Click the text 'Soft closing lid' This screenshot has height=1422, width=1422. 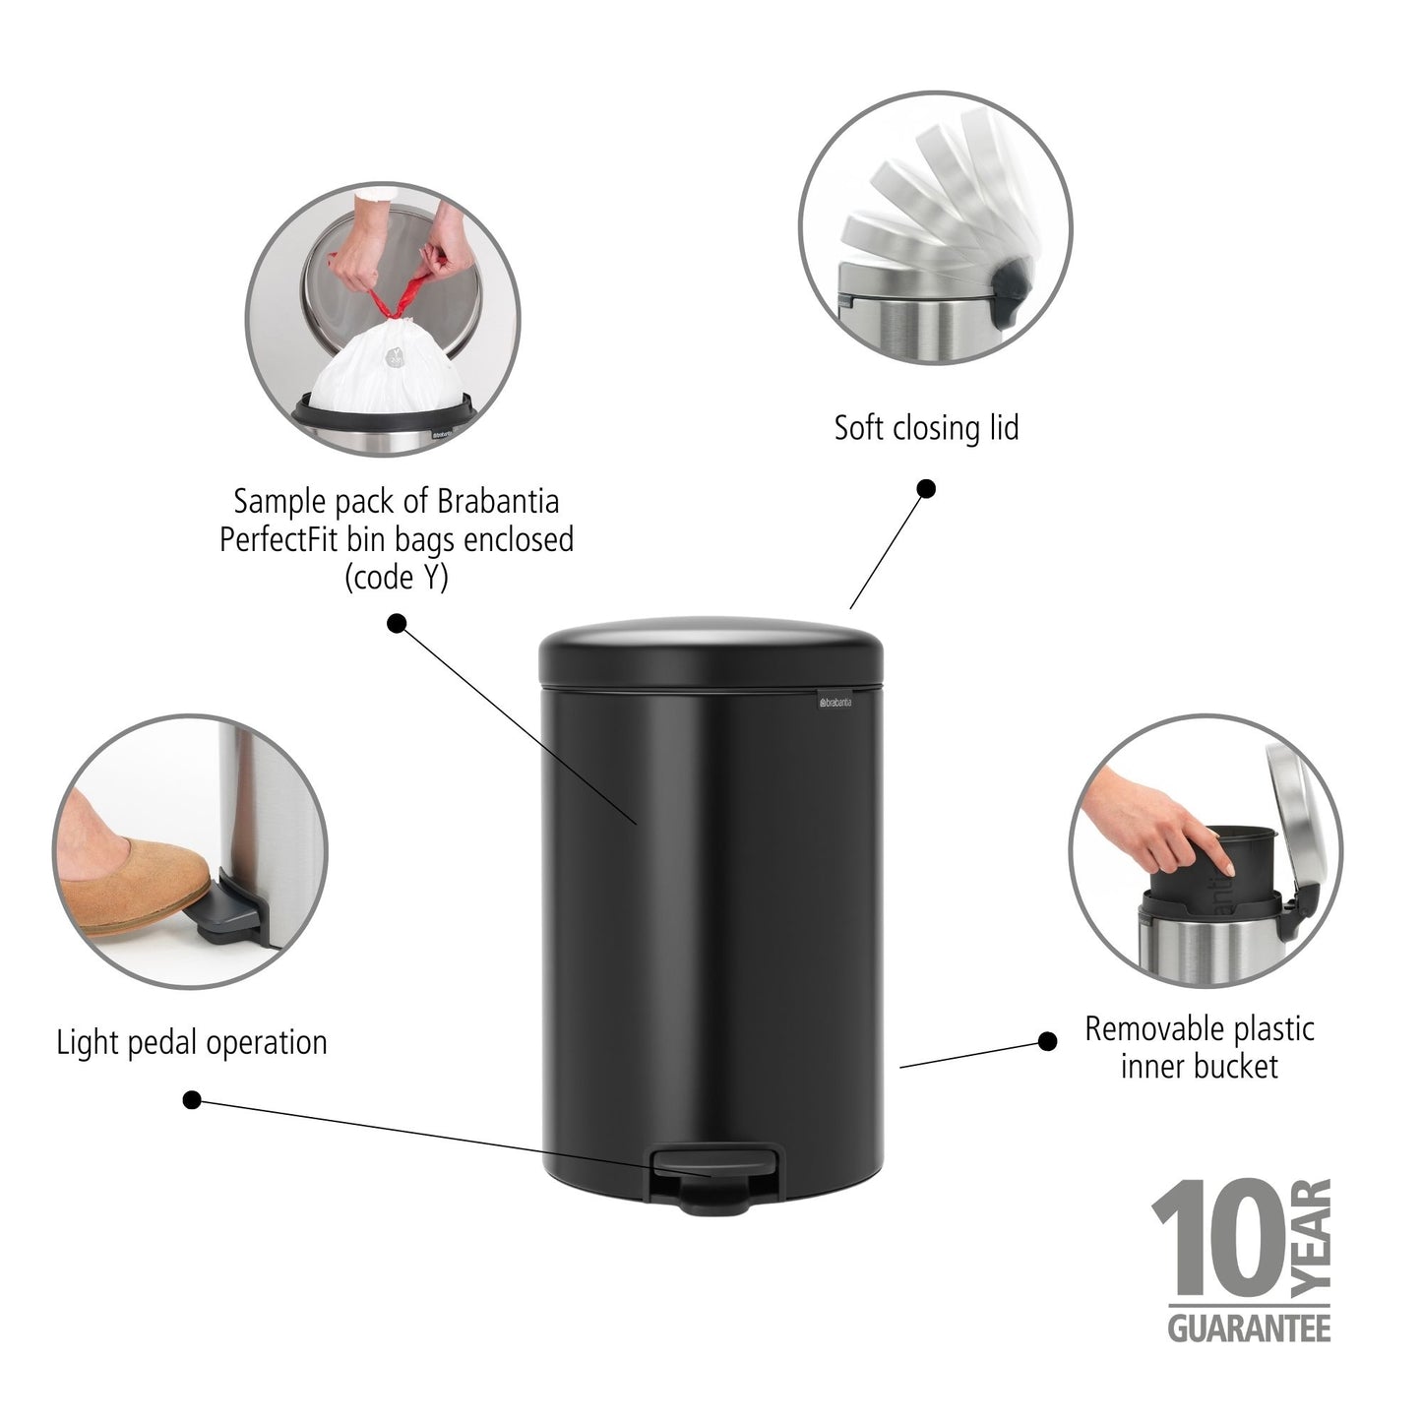coord(926,428)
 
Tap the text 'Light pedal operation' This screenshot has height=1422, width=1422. coord(191,1042)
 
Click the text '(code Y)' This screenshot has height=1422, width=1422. coord(396,578)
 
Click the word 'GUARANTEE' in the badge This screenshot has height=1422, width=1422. coord(1249,1328)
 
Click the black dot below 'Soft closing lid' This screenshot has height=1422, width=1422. coord(926,488)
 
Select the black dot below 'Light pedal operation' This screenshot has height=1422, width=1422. coord(192,1099)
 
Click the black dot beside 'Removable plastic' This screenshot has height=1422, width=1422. coord(1048,1041)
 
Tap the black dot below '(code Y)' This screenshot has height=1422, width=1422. coord(397,623)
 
